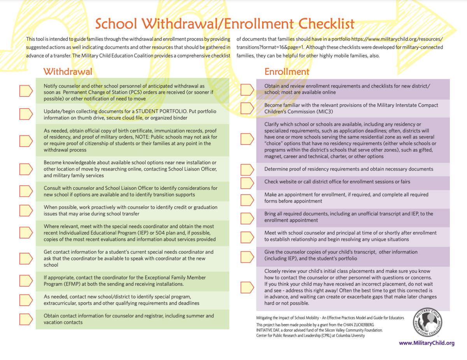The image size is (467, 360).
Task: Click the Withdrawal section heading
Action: pyautogui.click(x=68, y=71)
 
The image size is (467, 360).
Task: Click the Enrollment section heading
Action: pyautogui.click(x=287, y=71)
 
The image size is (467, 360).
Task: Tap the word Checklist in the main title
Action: pyautogui.click(x=320, y=24)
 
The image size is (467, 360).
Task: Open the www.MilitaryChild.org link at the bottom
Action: pyautogui.click(x=427, y=343)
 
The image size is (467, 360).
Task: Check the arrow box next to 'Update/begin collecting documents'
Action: pyautogui.click(x=26, y=114)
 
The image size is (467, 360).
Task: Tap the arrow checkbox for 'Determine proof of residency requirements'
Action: pyautogui.click(x=247, y=169)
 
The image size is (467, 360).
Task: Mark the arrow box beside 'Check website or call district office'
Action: pyautogui.click(x=247, y=182)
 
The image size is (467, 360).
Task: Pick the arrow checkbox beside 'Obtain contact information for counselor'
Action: pyautogui.click(x=26, y=319)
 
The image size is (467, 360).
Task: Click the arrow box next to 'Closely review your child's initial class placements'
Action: pyautogui.click(x=247, y=287)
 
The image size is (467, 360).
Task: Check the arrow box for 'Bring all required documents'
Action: pyautogui.click(x=247, y=217)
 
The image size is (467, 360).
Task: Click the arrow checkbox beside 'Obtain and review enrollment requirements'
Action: pyautogui.click(x=247, y=89)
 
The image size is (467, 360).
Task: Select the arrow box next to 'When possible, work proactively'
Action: pyautogui.click(x=26, y=210)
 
